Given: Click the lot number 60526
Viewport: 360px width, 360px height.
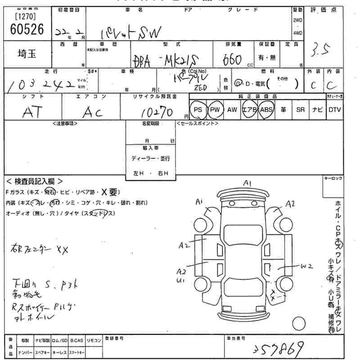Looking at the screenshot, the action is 27,29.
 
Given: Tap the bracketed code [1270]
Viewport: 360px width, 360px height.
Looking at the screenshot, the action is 26,17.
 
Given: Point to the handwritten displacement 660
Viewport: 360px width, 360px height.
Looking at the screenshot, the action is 234,58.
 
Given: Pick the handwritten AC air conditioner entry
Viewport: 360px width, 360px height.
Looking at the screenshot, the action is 93,112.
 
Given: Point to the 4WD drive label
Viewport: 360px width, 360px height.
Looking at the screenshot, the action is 297,32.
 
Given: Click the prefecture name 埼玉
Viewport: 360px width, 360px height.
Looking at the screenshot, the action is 27,53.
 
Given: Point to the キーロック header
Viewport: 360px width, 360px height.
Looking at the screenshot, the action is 333,179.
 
